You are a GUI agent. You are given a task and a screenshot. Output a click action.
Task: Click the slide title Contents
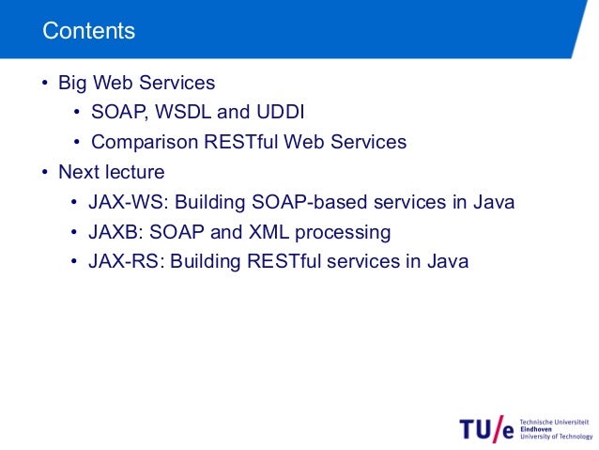[89, 31]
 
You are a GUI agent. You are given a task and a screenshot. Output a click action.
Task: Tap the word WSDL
[180, 113]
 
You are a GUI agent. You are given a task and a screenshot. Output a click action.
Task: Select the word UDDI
[280, 113]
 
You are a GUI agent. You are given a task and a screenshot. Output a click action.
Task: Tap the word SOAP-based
[312, 203]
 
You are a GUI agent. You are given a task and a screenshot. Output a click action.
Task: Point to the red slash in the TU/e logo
[499, 427]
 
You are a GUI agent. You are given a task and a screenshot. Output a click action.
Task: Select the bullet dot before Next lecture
[44, 173]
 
